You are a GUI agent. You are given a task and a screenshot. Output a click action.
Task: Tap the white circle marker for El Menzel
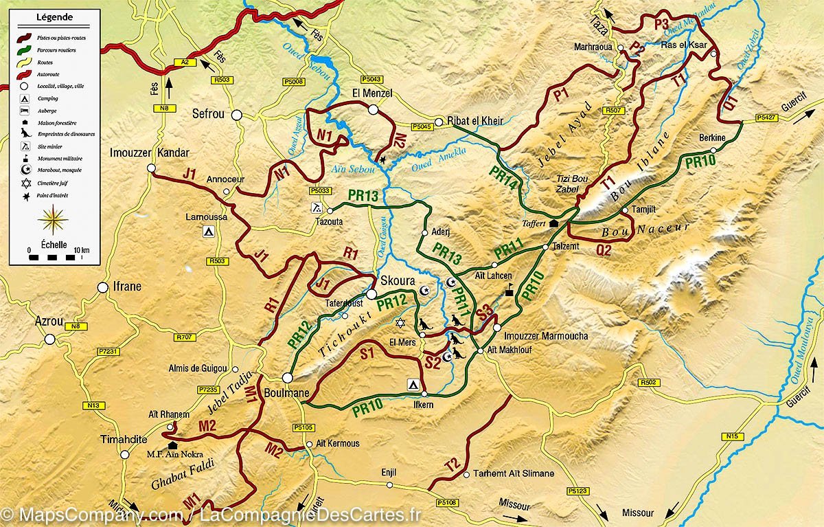click(374, 109)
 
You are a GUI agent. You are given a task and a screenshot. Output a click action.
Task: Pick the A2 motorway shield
click(184, 62)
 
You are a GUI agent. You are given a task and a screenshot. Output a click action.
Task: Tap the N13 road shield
click(93, 405)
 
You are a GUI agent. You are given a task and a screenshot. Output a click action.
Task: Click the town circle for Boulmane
click(287, 377)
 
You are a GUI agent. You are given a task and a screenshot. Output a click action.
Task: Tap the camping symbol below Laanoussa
click(207, 232)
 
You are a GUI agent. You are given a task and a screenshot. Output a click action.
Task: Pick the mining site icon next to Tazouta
click(315, 207)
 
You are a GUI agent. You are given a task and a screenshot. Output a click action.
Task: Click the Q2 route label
click(604, 251)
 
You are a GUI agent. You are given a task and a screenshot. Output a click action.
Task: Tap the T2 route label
click(451, 465)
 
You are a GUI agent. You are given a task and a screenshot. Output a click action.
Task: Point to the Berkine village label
click(712, 137)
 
